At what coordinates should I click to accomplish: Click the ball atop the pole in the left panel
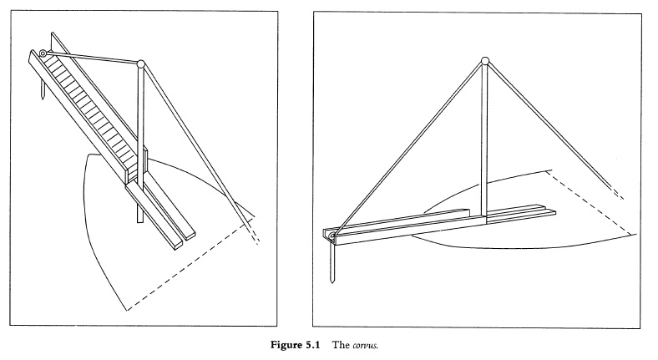pyautogui.click(x=141, y=63)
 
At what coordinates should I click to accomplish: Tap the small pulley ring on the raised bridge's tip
pyautogui.click(x=43, y=53)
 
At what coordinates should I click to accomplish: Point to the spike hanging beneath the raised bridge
pyautogui.click(x=39, y=89)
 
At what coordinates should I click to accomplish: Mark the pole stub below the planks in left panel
pyautogui.click(x=139, y=213)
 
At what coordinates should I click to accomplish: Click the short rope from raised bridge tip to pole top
pyautogui.click(x=92, y=58)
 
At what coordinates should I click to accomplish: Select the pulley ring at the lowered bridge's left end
pyautogui.click(x=333, y=239)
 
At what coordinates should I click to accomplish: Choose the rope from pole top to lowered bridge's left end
pyautogui.click(x=409, y=150)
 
